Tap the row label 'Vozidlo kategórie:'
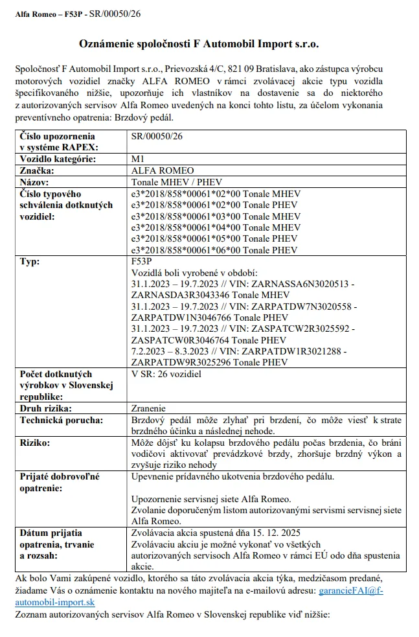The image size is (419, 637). (x=58, y=159)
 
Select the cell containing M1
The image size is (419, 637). (x=137, y=159)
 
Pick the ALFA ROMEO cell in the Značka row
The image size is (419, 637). (x=157, y=170)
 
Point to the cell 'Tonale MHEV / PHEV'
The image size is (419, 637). (x=172, y=182)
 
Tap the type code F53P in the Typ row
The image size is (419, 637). (x=141, y=261)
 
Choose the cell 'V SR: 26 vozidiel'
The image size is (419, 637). (x=166, y=374)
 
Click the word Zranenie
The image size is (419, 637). (x=148, y=408)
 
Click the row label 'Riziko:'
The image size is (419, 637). (x=37, y=443)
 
